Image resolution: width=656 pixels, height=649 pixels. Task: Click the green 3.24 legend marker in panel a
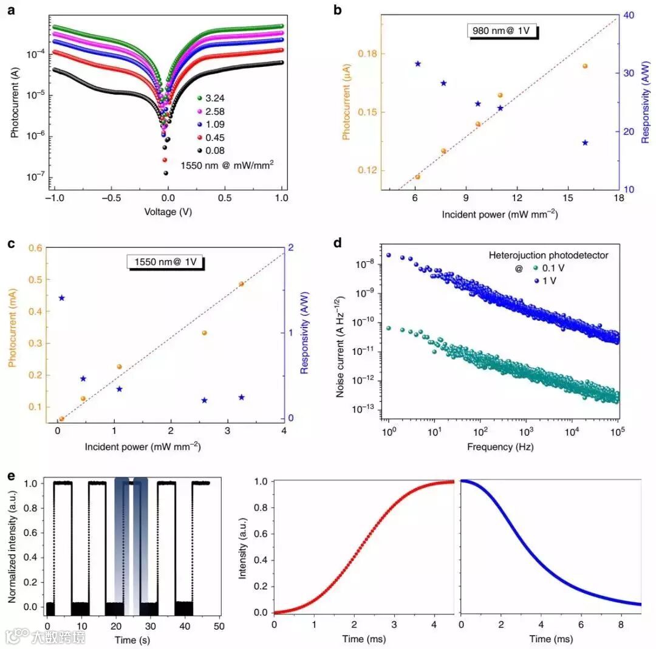click(199, 97)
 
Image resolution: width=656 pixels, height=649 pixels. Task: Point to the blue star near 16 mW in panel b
click(585, 143)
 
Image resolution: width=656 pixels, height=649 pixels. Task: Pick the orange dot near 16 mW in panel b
click(585, 66)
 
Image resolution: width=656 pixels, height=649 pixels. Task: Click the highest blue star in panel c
click(62, 298)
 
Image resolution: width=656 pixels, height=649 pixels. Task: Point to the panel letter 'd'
click(338, 242)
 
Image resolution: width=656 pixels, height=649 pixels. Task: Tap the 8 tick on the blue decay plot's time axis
click(621, 625)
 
